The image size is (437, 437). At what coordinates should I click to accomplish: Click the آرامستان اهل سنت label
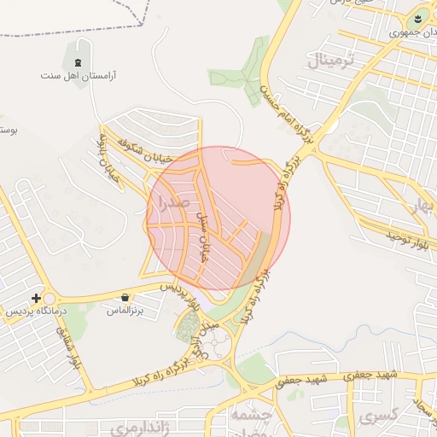[79, 76]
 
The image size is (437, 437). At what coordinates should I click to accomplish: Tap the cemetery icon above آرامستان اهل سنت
[79, 61]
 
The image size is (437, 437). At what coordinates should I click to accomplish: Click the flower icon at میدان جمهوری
[418, 18]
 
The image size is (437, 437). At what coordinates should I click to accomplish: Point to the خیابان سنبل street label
[204, 236]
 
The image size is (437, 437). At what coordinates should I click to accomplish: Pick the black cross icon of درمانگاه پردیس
[36, 298]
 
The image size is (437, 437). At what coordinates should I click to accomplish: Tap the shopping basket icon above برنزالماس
[126, 298]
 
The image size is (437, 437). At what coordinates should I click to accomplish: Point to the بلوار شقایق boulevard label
[67, 350]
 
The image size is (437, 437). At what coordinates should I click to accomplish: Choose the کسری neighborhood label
[377, 417]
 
